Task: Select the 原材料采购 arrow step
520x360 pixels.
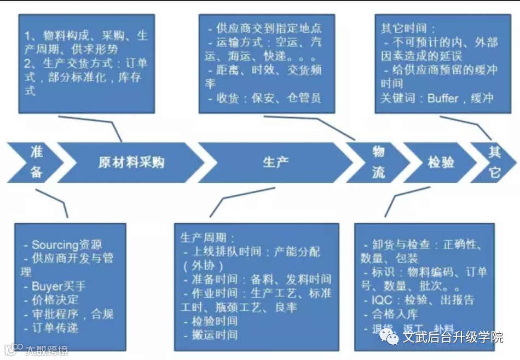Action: [x=131, y=162]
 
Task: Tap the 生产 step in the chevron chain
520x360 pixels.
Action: [x=275, y=162]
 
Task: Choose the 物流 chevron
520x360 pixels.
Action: [x=378, y=162]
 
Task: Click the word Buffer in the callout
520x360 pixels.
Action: [x=442, y=98]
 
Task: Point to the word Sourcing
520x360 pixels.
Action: [x=56, y=245]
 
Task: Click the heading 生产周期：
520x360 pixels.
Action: [x=207, y=238]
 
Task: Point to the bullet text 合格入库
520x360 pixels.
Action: [x=395, y=314]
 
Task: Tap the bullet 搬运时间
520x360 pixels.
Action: [x=214, y=335]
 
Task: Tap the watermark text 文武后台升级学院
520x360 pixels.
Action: [x=452, y=337]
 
